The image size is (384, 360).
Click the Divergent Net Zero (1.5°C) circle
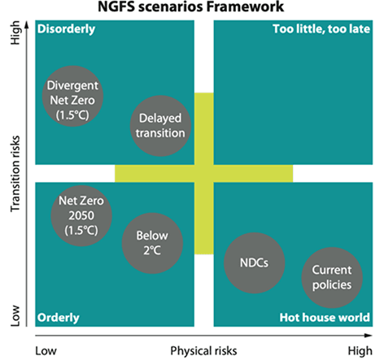pyautogui.click(x=72, y=96)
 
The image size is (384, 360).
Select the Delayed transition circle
pyautogui.click(x=160, y=126)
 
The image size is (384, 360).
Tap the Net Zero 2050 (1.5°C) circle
pyautogui.click(x=81, y=216)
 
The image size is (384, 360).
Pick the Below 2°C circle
pyautogui.click(x=152, y=243)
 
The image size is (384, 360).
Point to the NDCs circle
pyautogui.click(x=254, y=262)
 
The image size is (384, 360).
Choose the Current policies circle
pyautogui.click(x=332, y=278)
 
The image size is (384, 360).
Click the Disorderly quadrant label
pyautogui.click(x=67, y=29)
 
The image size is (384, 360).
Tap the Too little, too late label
pyautogui.click(x=321, y=29)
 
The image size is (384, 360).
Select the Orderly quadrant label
pyautogui.click(x=59, y=318)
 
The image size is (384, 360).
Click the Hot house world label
pyautogui.click(x=325, y=317)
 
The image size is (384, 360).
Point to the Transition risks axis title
pyautogui.click(x=15, y=174)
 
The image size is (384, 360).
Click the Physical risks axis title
pyautogui.click(x=203, y=351)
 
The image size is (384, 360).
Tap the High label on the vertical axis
pyautogui.click(x=15, y=33)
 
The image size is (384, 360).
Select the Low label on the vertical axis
pyautogui.click(x=15, y=315)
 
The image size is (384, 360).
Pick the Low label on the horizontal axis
pyautogui.click(x=46, y=351)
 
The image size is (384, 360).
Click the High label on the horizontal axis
pyautogui.click(x=360, y=351)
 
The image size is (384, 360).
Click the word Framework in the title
pyautogui.click(x=245, y=7)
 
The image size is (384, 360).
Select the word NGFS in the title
pyautogui.click(x=116, y=7)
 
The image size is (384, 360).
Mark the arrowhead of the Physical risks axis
pyautogui.click(x=369, y=336)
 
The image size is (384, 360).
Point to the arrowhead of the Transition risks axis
pyautogui.click(x=27, y=25)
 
